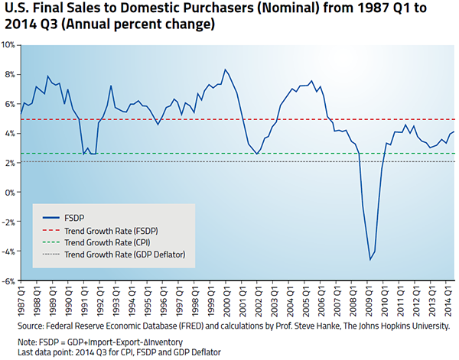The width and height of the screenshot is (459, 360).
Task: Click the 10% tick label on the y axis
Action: (9, 45)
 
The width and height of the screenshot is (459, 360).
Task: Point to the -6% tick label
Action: (9, 281)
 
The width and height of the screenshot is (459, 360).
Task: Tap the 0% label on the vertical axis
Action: (10, 193)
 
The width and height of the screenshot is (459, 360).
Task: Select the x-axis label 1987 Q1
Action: (21, 299)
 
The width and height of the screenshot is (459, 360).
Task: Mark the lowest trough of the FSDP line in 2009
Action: (370, 260)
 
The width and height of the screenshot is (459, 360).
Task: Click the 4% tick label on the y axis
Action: (10, 134)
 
